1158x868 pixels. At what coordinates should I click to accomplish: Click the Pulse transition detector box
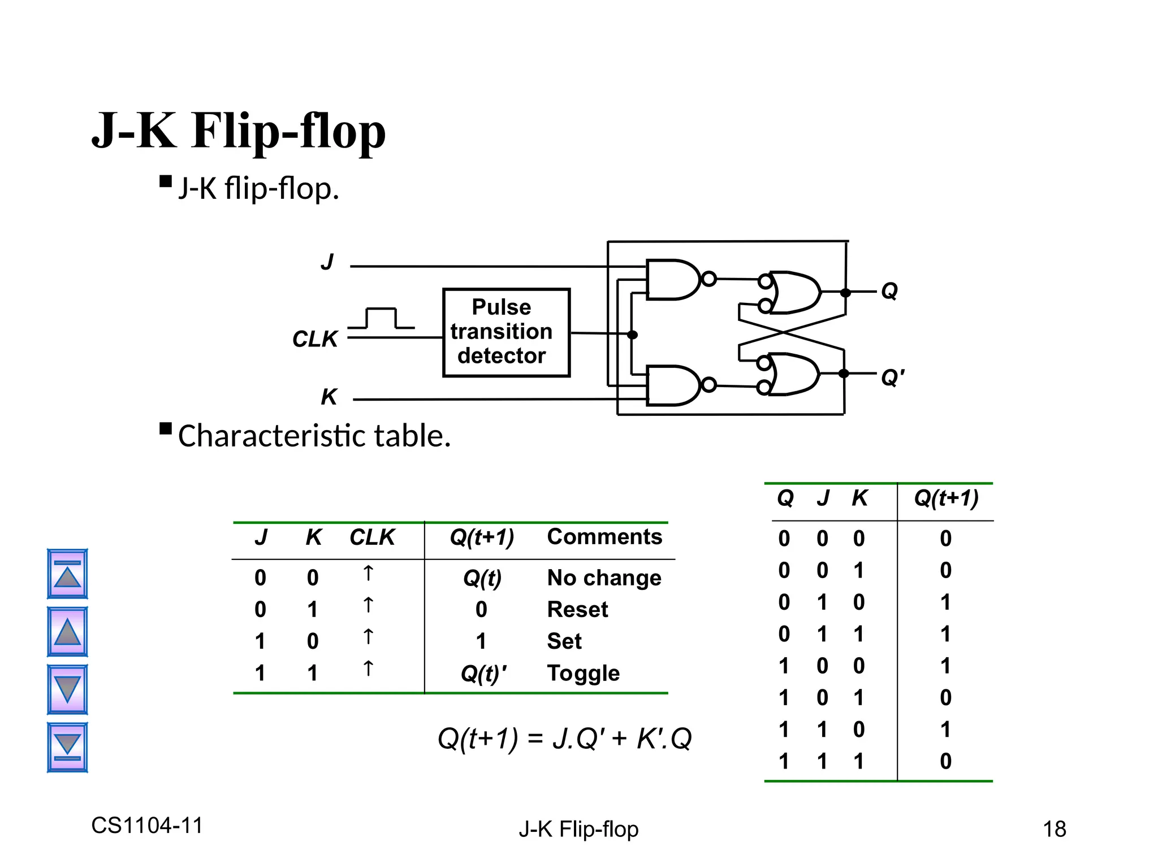tap(506, 332)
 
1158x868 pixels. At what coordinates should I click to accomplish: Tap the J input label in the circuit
tap(327, 262)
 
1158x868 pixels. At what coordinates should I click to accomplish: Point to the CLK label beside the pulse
tap(315, 339)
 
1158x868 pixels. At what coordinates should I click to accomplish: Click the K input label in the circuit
tap(329, 397)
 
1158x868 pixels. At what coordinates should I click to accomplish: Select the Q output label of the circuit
tap(889, 291)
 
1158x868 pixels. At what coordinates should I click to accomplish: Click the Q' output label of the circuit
tap(893, 377)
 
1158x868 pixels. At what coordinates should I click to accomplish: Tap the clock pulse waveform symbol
tap(381, 319)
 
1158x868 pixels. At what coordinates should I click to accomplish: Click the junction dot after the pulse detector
tap(633, 335)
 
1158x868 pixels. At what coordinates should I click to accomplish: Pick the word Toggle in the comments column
tap(583, 673)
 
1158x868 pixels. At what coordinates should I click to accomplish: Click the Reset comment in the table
tap(577, 609)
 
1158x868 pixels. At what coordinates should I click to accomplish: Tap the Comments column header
tap(604, 536)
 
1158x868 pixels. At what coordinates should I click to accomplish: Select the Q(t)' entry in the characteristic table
tap(483, 673)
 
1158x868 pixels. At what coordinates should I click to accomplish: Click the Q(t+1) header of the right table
tap(946, 498)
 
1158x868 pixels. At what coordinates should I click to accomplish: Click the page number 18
tap(1054, 829)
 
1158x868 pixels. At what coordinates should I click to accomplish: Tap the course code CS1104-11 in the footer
tap(147, 826)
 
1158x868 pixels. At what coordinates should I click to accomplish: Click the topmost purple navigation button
tap(67, 574)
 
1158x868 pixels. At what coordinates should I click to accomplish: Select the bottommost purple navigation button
tap(67, 747)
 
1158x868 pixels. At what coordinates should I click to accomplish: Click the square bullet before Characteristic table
tap(166, 428)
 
